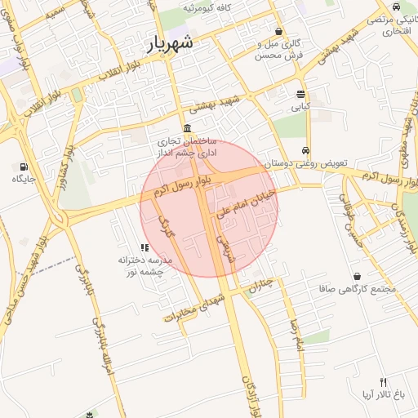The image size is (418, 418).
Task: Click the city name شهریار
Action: click(171, 44)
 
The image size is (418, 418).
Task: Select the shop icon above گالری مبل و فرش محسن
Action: click(278, 31)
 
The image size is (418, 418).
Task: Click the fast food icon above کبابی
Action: click(300, 94)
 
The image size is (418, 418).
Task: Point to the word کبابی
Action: click(300, 107)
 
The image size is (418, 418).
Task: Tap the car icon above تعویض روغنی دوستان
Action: click(305, 150)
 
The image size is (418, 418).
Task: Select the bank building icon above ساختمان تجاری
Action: click(188, 128)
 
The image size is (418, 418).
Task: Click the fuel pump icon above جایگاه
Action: click(18, 167)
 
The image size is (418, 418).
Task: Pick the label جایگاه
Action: click(19, 180)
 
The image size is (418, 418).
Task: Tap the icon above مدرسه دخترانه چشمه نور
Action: click(144, 247)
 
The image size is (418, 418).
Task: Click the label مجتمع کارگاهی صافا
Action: click(359, 289)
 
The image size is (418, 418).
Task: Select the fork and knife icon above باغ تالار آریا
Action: click(383, 382)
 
